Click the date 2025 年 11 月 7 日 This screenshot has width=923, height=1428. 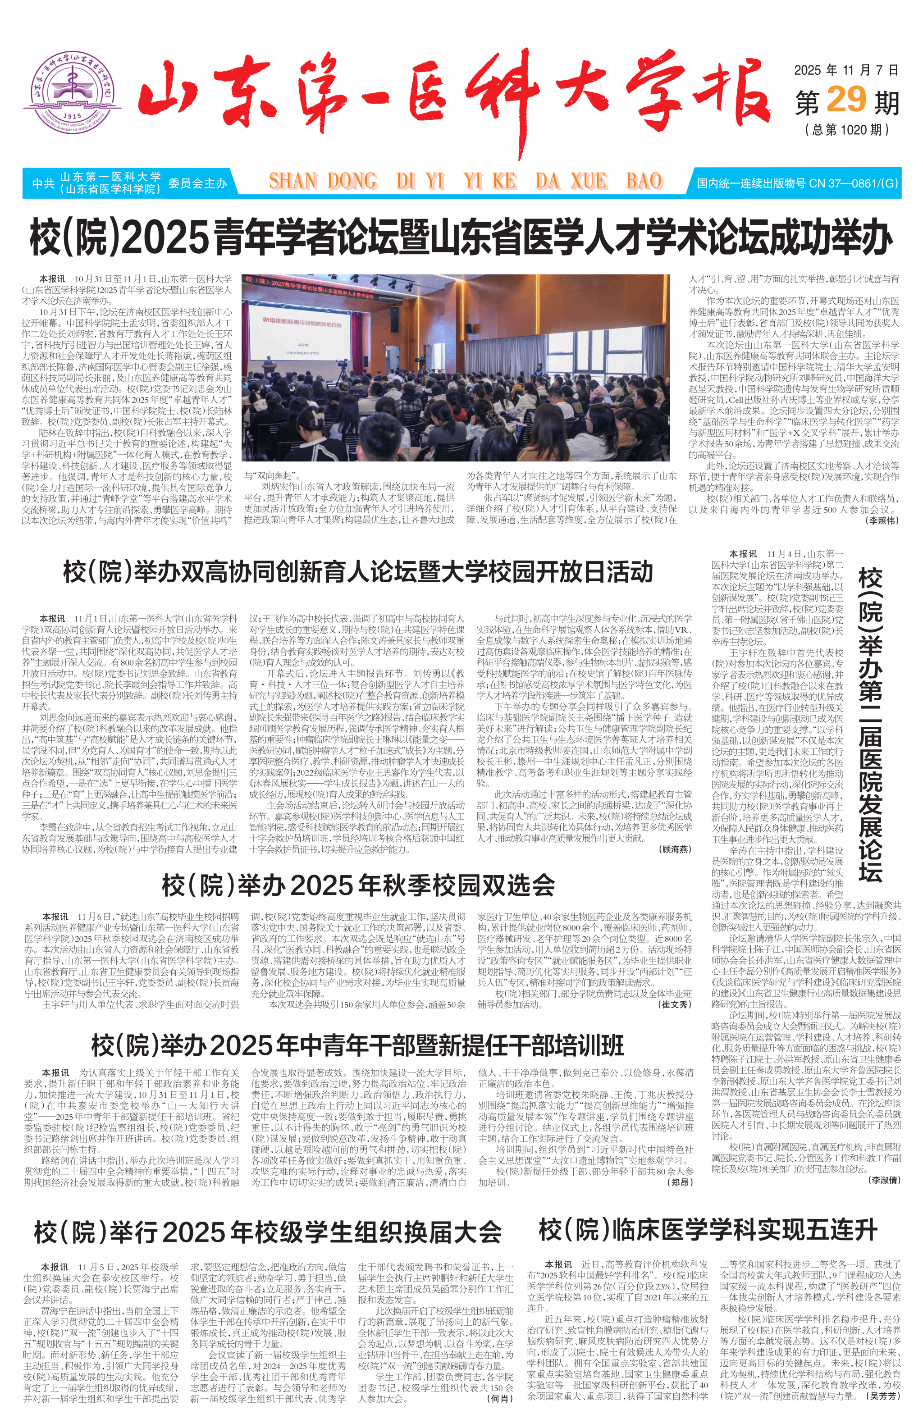click(x=846, y=70)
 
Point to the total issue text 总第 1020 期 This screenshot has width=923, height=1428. click(x=846, y=129)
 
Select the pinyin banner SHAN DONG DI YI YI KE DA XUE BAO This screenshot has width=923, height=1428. click(x=466, y=181)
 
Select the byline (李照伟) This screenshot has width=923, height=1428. click(x=882, y=520)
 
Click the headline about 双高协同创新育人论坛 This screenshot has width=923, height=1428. click(x=358, y=572)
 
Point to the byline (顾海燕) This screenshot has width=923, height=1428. click(x=676, y=849)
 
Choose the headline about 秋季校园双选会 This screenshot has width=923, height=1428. click(x=358, y=885)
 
